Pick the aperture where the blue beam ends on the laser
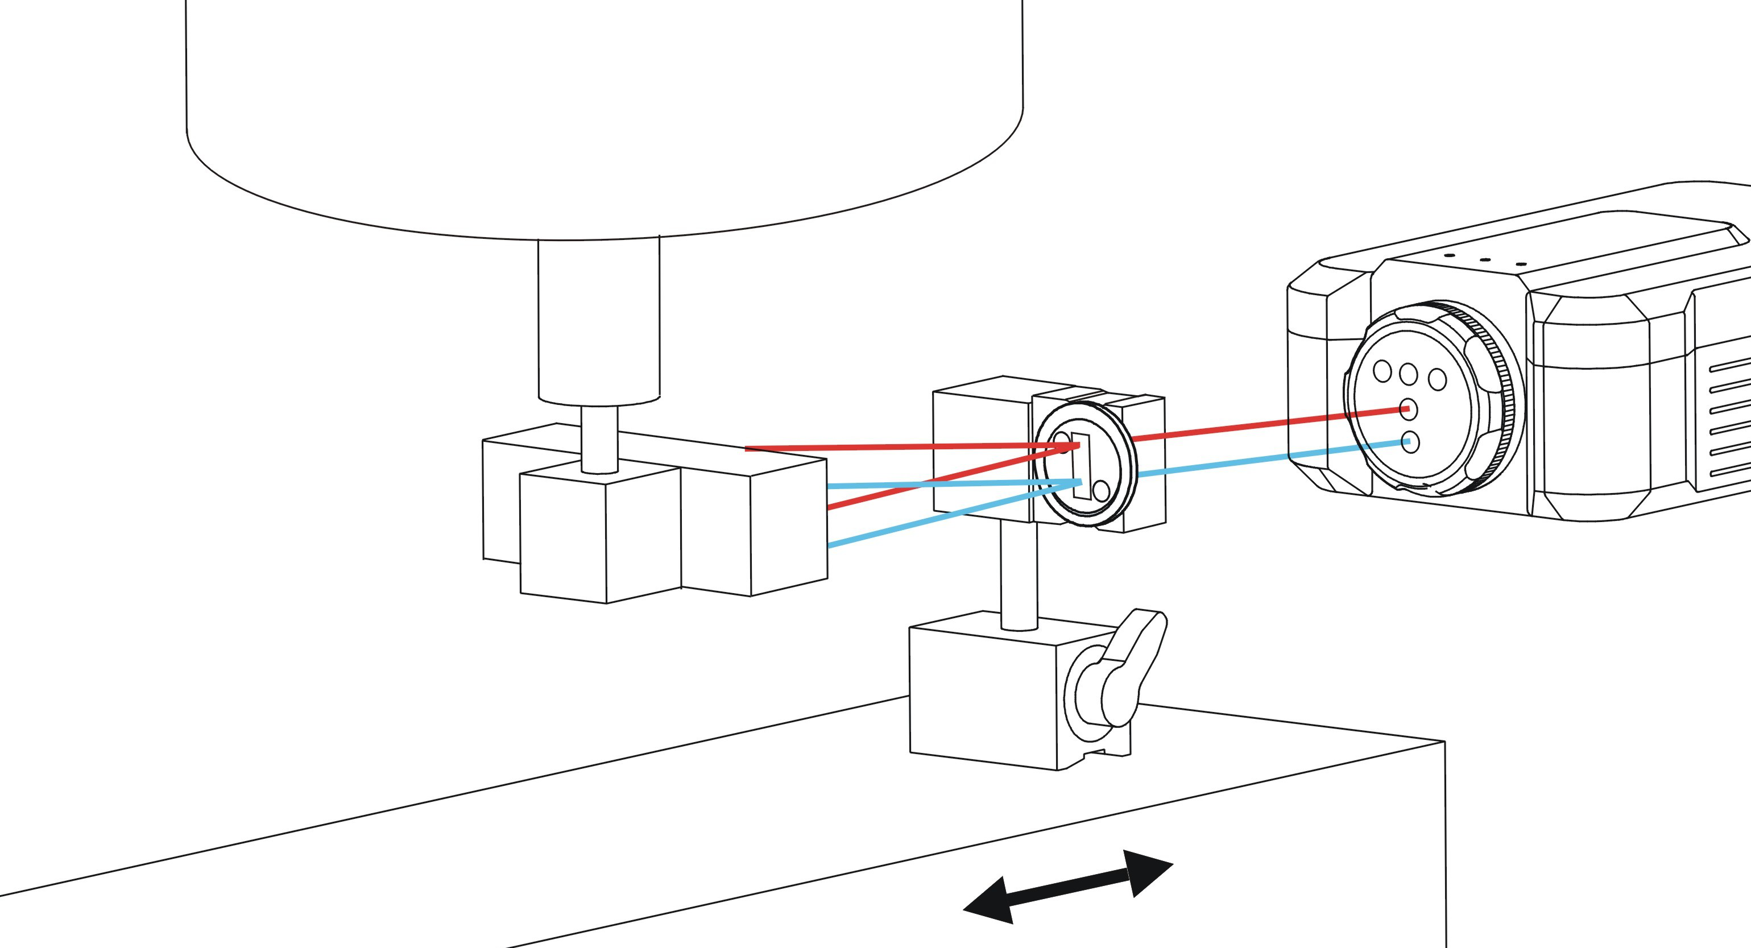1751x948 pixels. (1409, 442)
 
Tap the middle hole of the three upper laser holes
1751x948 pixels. (1409, 373)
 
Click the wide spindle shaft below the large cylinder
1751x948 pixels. (598, 320)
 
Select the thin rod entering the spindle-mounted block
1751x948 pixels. (599, 438)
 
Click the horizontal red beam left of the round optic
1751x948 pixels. (884, 448)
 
